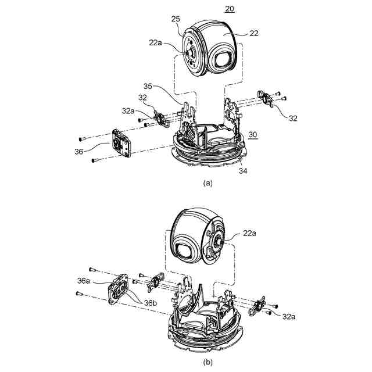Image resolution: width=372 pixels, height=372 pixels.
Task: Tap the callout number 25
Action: click(x=175, y=20)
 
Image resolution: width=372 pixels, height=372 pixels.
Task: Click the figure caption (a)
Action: click(x=207, y=182)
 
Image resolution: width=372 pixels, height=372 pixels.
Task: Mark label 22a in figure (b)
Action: click(x=249, y=233)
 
